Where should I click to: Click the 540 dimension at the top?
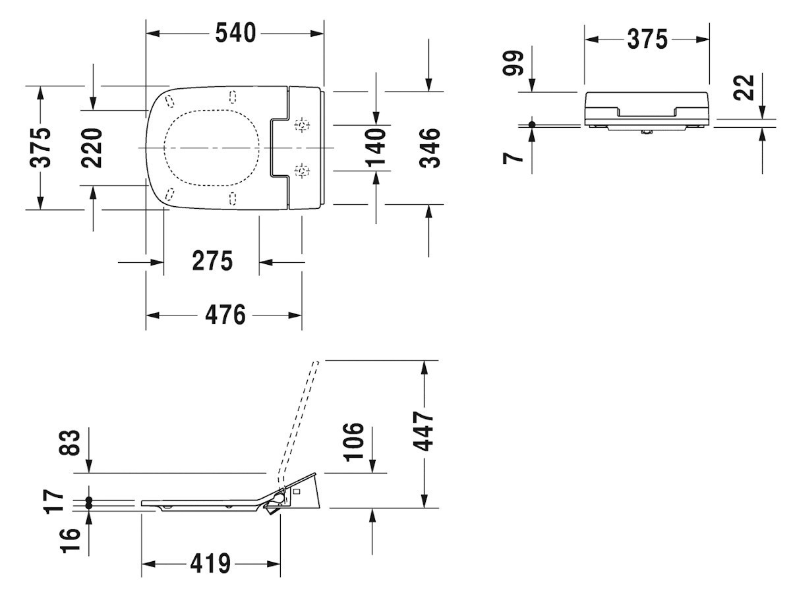point(235,33)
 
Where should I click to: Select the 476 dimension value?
point(225,315)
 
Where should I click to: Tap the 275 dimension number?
point(212,261)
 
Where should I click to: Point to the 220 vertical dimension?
point(92,148)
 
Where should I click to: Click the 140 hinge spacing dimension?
point(376,148)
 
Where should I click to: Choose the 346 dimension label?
point(430,148)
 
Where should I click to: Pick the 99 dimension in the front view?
point(513,63)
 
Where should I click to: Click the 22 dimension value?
point(744,88)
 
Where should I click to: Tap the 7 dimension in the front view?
point(513,157)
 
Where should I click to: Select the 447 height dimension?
point(423,431)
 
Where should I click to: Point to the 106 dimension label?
point(354,442)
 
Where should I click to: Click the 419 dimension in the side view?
point(210,564)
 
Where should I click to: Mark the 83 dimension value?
point(70,443)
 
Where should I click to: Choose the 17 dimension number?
point(54,501)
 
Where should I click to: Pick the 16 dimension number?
point(70,540)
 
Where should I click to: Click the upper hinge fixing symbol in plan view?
point(302,125)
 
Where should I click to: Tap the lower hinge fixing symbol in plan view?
point(302,171)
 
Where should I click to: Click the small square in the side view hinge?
point(297,491)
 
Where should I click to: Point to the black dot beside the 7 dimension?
point(532,124)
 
